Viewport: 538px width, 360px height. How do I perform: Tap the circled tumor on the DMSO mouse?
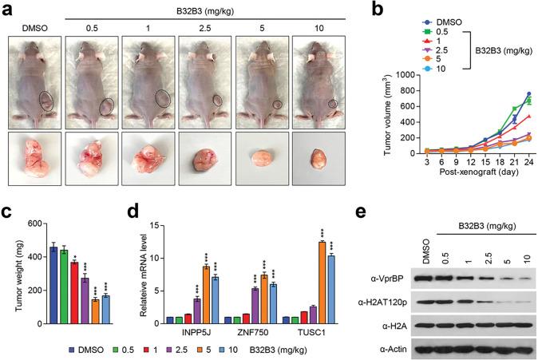[47, 101]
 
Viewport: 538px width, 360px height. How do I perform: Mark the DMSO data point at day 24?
[528, 93]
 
